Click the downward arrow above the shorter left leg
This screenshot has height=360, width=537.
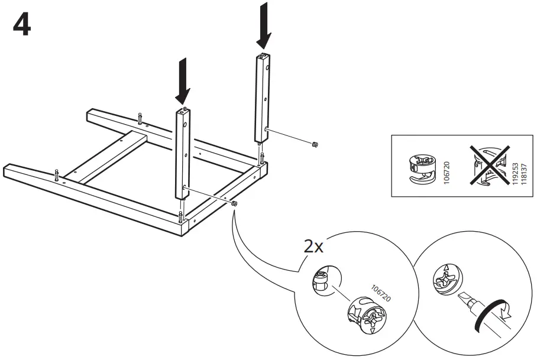coord(183,80)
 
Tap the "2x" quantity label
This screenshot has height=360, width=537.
coord(313,247)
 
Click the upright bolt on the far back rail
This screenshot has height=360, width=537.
coord(140,118)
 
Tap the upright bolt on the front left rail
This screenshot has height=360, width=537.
coord(56,175)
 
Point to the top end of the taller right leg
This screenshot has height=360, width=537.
coord(263,57)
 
